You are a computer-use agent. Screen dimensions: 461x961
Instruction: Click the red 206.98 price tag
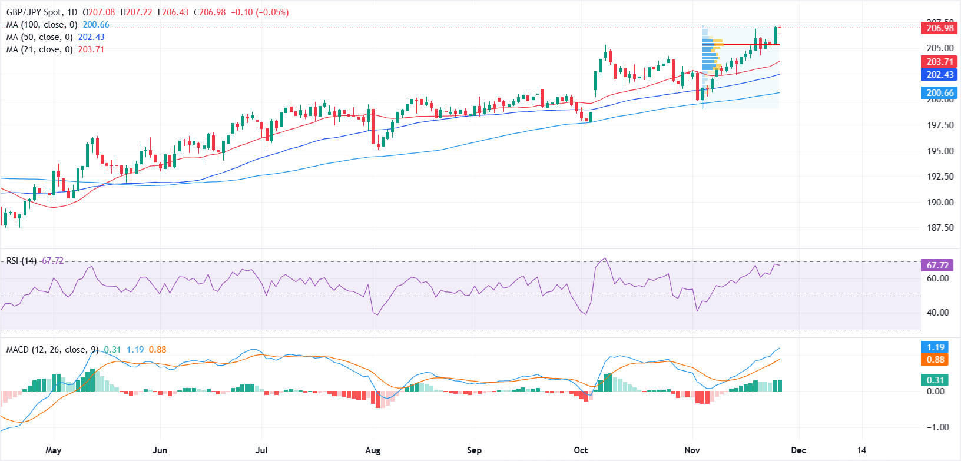[x=940, y=28]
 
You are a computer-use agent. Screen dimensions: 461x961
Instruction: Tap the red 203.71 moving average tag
[x=940, y=62]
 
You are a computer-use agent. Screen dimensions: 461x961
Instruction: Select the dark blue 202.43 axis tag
[x=940, y=75]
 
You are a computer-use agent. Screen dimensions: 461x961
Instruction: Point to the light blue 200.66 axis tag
[x=940, y=92]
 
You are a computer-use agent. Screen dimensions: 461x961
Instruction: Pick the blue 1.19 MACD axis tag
[x=935, y=347]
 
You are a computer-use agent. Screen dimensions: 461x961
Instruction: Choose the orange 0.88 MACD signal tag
[x=935, y=360]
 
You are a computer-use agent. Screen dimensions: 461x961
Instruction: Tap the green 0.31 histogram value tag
[x=935, y=380]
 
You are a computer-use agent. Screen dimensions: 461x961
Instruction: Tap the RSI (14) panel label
[x=21, y=261]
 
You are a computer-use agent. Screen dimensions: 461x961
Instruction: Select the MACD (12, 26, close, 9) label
[x=52, y=350]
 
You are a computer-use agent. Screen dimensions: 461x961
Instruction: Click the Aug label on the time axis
[x=373, y=450]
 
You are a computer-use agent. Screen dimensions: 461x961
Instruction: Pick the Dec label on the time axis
[x=798, y=450]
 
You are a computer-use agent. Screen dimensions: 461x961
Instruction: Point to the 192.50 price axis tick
[x=940, y=177]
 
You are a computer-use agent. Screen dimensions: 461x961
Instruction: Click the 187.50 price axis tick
[x=940, y=228]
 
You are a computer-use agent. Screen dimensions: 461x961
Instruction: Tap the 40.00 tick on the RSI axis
[x=937, y=313]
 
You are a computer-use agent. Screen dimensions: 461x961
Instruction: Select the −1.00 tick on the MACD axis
[x=937, y=427]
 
